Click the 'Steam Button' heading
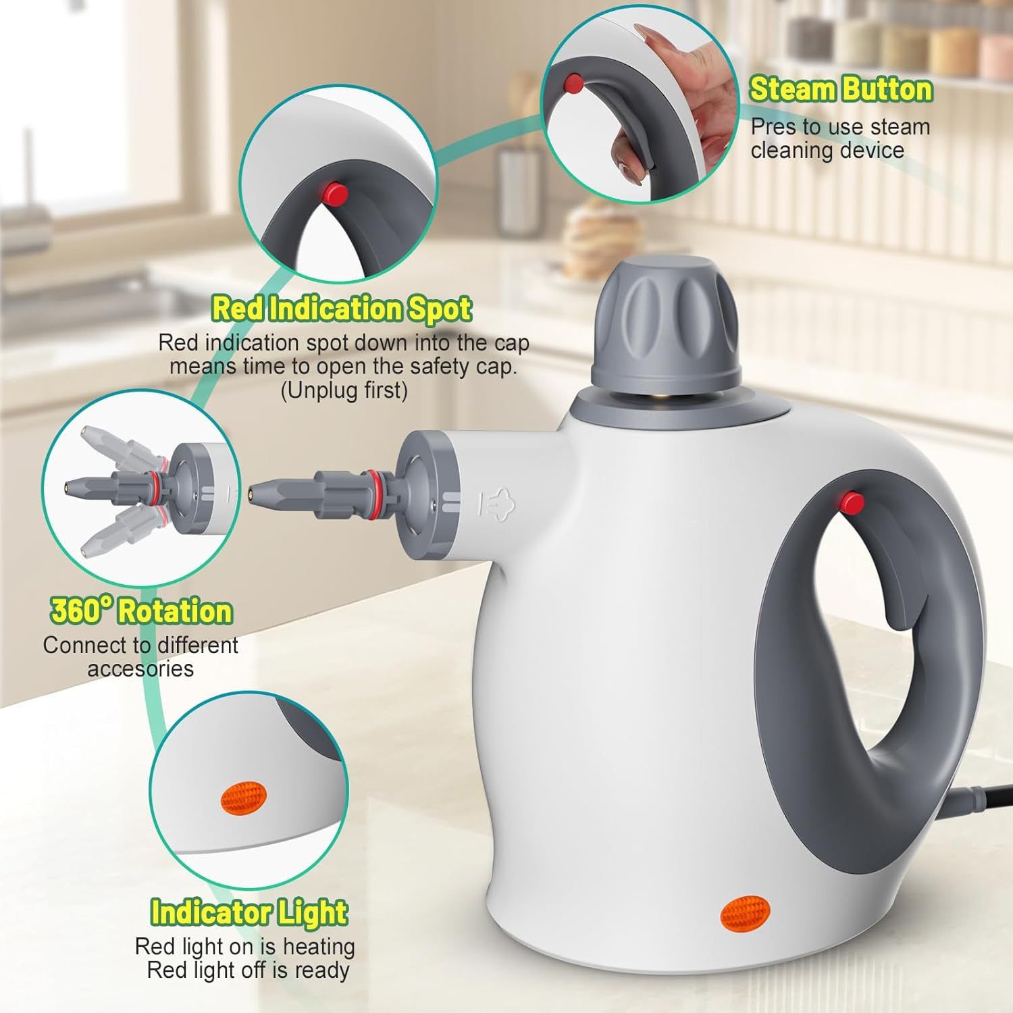tap(840, 90)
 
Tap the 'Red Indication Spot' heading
tap(342, 309)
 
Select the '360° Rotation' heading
tap(141, 611)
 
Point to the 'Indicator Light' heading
tap(249, 912)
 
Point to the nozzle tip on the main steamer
tap(255, 489)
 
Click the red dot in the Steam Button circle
tap(573, 84)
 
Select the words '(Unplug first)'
tap(344, 390)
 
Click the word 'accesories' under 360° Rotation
tap(140, 669)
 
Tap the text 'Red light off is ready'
tap(248, 970)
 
